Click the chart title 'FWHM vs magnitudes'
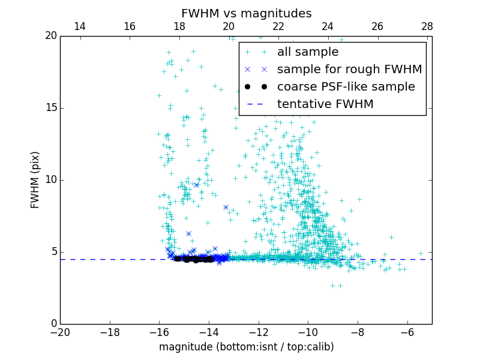(x=247, y=13)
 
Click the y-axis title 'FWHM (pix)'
(x=35, y=180)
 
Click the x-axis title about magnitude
(x=247, y=347)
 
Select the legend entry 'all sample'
(x=308, y=52)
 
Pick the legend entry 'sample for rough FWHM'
(x=349, y=70)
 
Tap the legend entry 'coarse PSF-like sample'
(x=346, y=87)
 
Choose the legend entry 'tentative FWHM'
(x=325, y=104)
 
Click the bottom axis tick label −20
(x=61, y=332)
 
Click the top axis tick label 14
(x=79, y=26)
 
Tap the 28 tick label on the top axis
(x=427, y=26)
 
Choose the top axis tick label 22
(x=278, y=26)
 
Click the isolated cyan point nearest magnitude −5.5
(x=421, y=253)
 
